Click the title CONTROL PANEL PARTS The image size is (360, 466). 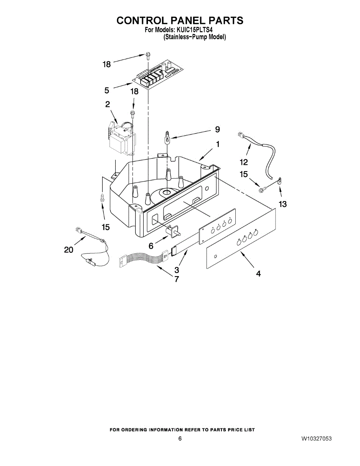pyautogui.click(x=180, y=21)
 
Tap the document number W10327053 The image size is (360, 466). pyautogui.click(x=317, y=439)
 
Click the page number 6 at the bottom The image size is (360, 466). pyautogui.click(x=180, y=439)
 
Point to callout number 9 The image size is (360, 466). pyautogui.click(x=217, y=129)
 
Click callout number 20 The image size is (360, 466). pyautogui.click(x=68, y=250)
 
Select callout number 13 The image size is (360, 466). pyautogui.click(x=282, y=204)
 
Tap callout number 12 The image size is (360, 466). pyautogui.click(x=243, y=162)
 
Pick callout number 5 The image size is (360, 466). pyautogui.click(x=106, y=90)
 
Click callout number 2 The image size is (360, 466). pyautogui.click(x=107, y=104)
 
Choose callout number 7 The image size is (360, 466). pyautogui.click(x=177, y=279)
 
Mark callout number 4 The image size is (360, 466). pyautogui.click(x=258, y=274)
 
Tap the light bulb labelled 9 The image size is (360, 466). pyautogui.click(x=167, y=138)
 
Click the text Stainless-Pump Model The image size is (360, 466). pyautogui.click(x=194, y=37)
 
